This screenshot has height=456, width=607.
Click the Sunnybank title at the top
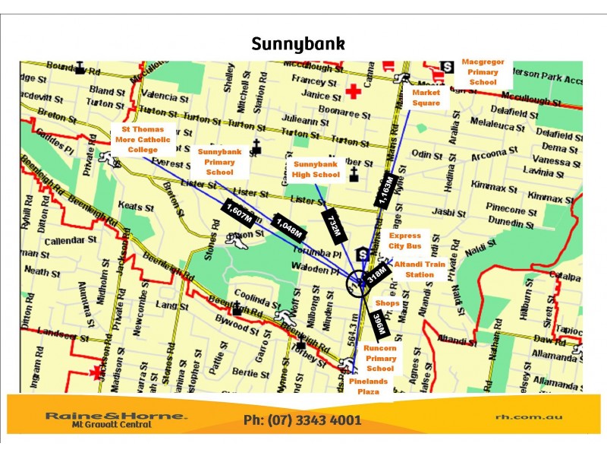(x=298, y=44)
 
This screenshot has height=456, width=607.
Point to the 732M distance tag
(x=335, y=225)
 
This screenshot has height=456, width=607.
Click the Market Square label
(x=426, y=97)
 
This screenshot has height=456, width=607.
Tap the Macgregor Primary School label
(x=483, y=71)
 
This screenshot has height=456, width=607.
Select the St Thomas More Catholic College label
(x=143, y=140)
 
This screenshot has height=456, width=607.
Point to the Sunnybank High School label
(x=316, y=169)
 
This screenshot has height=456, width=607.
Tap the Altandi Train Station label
(x=420, y=269)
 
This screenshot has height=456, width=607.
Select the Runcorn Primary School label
(x=381, y=358)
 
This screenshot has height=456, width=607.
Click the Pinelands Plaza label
(x=374, y=386)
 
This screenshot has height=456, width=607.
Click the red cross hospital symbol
(x=352, y=92)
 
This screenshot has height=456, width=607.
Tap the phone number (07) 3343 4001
(x=302, y=420)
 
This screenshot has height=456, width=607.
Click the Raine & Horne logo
(x=115, y=420)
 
